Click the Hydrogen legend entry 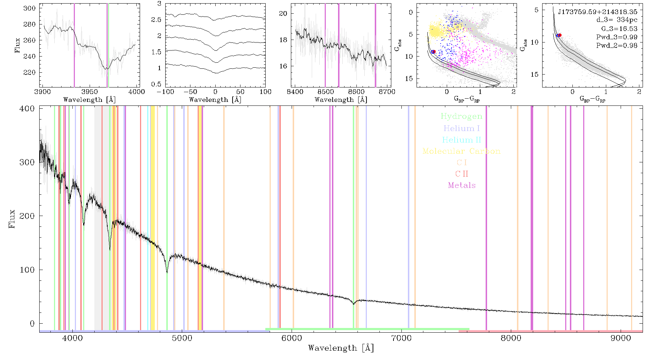click(461, 116)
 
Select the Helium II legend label click(462, 140)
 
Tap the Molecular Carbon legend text click(462, 151)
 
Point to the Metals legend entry click(462, 185)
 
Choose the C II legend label click(462, 174)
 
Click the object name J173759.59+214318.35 click(598, 12)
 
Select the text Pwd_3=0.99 click(617, 37)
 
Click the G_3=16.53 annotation click(619, 29)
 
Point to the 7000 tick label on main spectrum click(401, 338)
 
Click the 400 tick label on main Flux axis click(27, 108)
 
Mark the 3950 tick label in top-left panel click(90, 92)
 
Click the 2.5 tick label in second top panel click(156, 20)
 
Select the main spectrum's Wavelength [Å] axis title click(341, 348)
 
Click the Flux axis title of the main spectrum click(12, 219)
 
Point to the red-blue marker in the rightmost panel click(559, 35)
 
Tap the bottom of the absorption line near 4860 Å click(167, 273)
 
